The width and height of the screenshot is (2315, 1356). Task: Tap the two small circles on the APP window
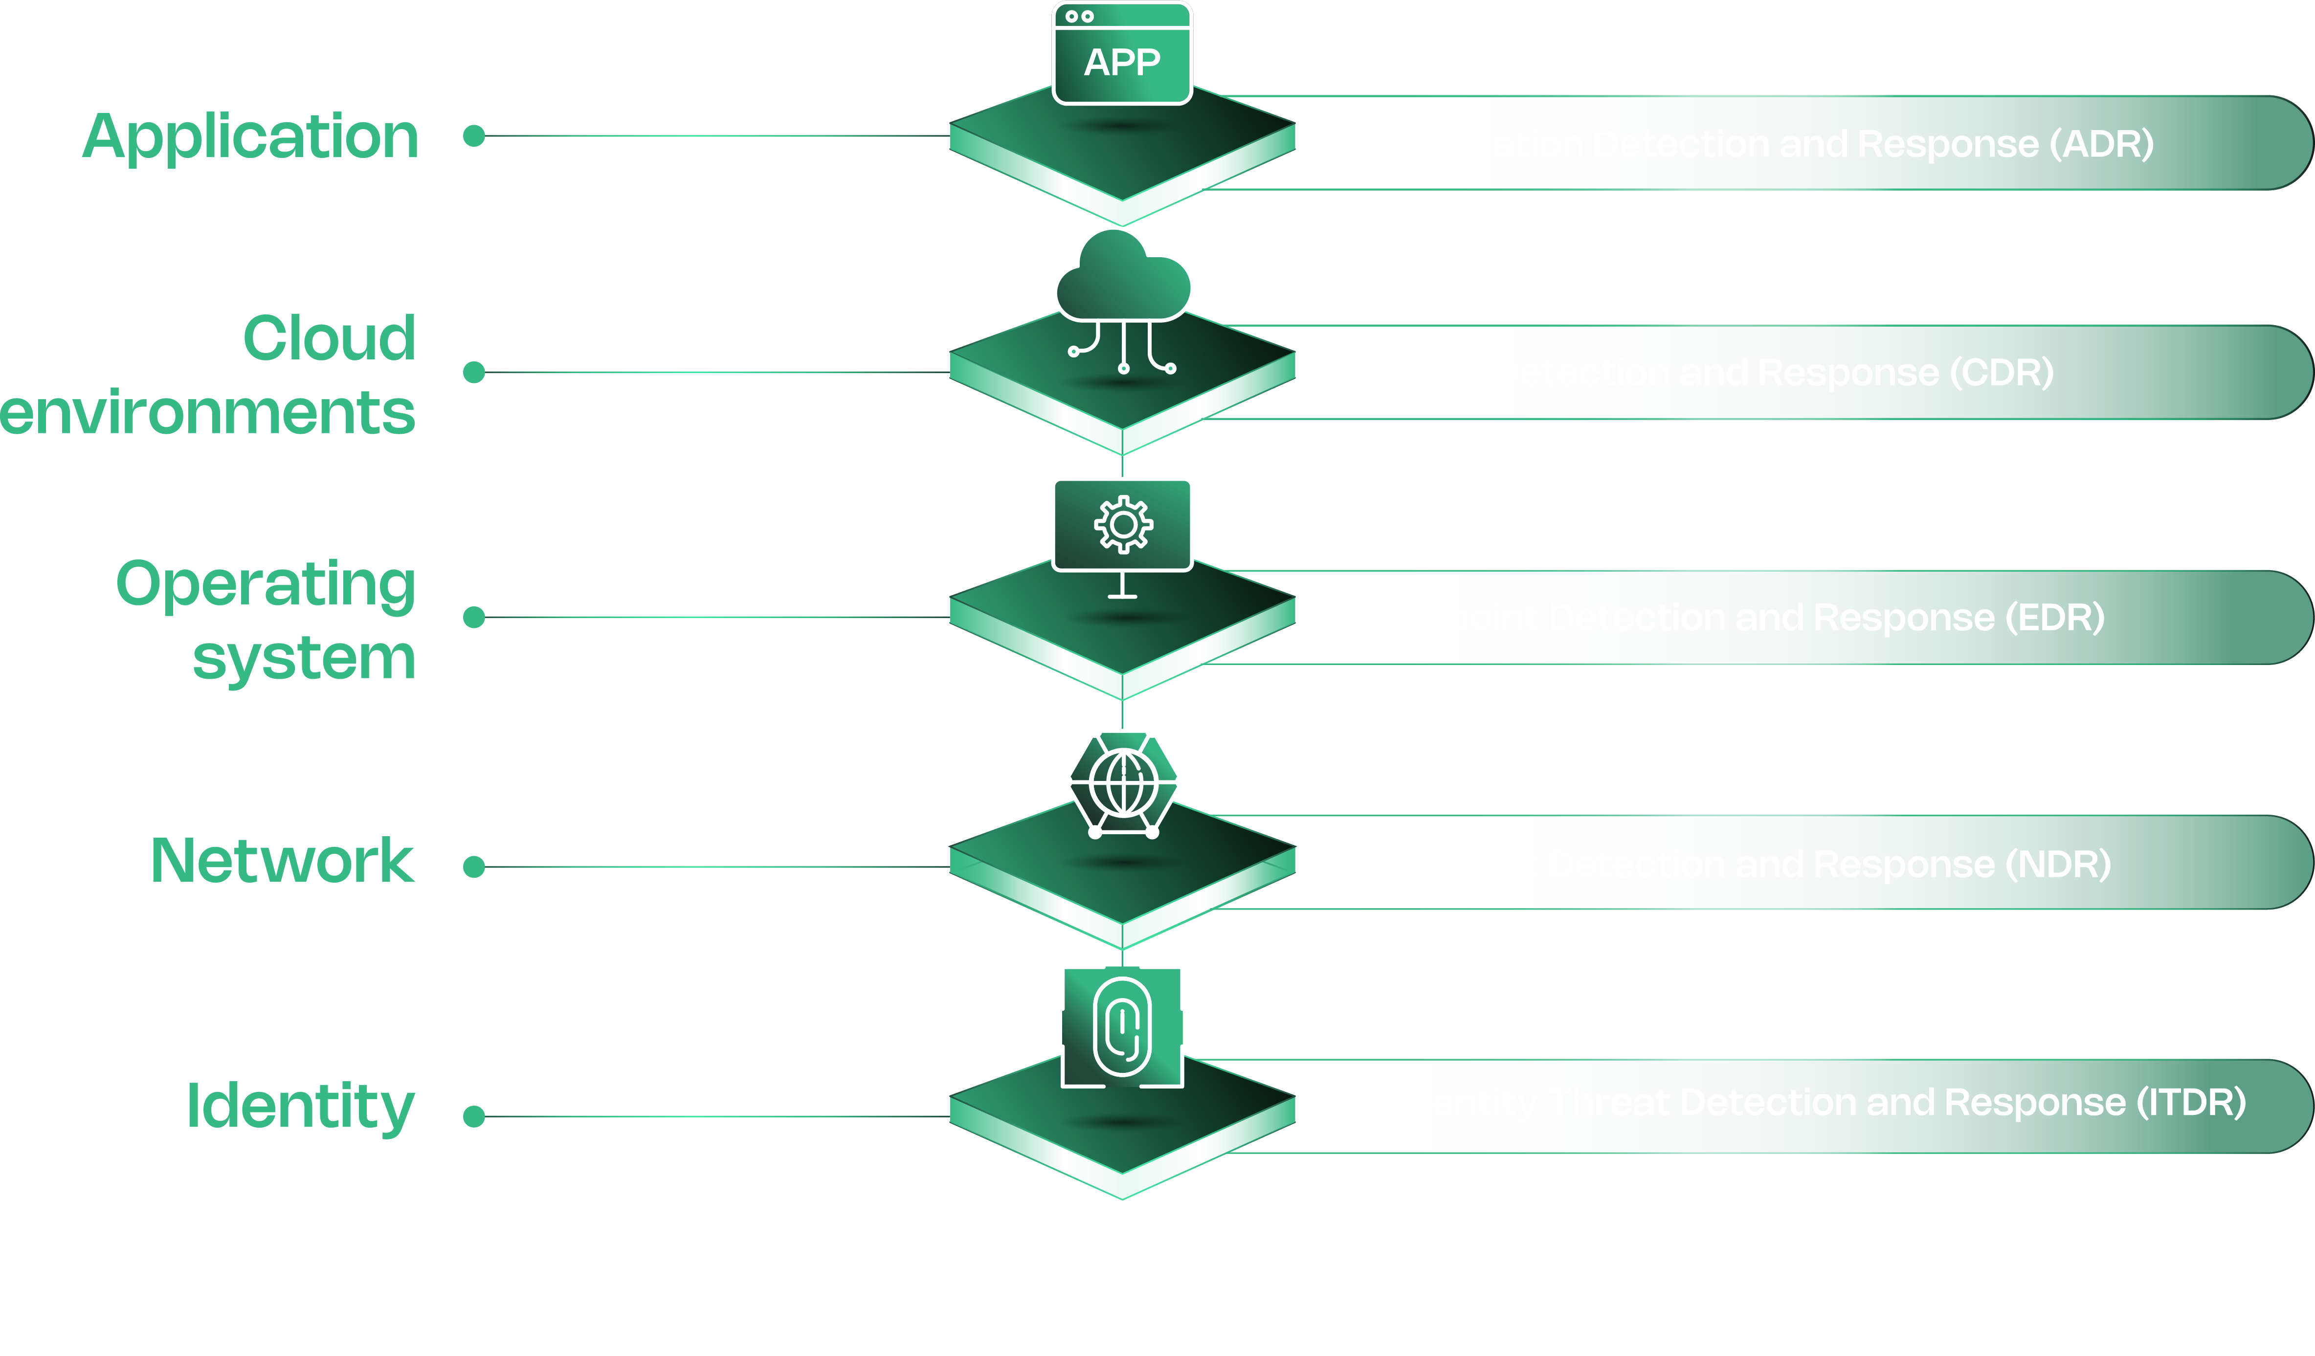click(x=1079, y=17)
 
